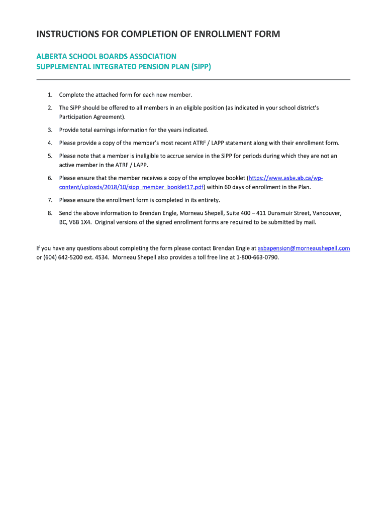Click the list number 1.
[50, 95]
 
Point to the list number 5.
[50, 156]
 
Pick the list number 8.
[50, 213]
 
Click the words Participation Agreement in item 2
[91, 117]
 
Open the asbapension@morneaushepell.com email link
[304, 248]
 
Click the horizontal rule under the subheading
[193, 79]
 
